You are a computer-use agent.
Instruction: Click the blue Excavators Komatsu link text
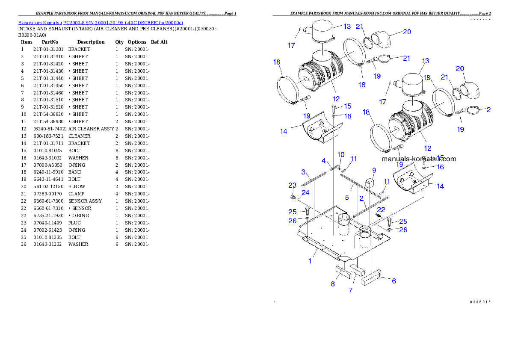point(101,23)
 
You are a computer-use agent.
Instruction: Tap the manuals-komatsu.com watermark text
point(419,159)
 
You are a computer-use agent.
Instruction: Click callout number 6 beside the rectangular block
point(394,281)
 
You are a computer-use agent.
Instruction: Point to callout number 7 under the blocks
point(350,290)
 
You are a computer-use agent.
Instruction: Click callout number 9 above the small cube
point(374,170)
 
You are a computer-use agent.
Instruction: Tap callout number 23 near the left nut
point(292,186)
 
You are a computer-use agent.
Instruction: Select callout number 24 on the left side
point(305,193)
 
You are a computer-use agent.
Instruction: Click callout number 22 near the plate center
point(381,210)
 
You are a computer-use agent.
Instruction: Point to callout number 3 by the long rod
point(303,172)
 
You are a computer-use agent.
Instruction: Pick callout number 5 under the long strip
point(347,198)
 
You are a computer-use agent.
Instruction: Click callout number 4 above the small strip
point(324,161)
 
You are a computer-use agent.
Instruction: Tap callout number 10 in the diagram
point(341,154)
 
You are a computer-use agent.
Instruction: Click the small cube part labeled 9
point(370,183)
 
